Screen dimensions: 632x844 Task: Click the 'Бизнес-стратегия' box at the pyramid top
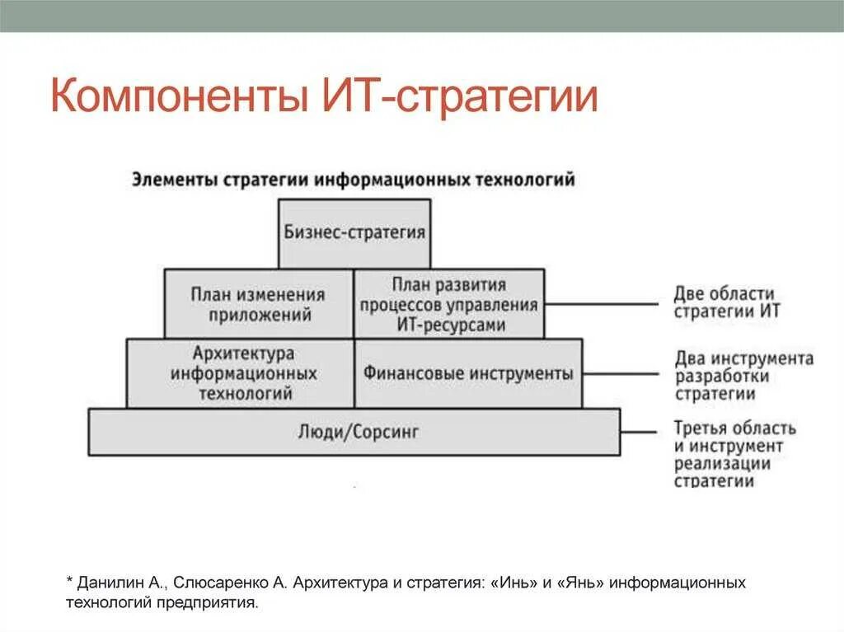coord(354,232)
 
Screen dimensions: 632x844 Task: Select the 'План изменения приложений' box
coord(258,304)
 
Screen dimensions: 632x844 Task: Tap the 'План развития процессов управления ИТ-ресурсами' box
coord(448,304)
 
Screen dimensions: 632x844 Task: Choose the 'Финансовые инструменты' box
coord(467,373)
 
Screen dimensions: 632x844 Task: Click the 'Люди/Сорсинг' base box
coord(354,431)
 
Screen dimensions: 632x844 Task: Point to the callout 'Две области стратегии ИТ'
coord(724,302)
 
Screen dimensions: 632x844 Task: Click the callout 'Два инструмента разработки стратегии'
coord(743,376)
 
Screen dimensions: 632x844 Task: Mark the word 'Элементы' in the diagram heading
coord(172,180)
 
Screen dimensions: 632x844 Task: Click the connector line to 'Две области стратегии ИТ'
coord(602,303)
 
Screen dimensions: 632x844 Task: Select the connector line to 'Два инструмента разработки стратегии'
coord(620,372)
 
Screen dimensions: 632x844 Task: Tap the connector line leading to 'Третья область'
coord(639,431)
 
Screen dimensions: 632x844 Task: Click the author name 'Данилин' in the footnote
coord(112,583)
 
